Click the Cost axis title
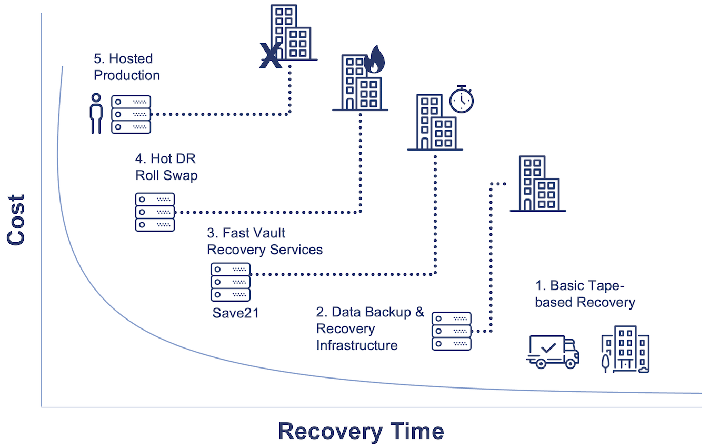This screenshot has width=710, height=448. (x=16, y=220)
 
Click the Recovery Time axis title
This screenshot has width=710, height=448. (x=361, y=431)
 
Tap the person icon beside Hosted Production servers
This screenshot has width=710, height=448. (x=96, y=114)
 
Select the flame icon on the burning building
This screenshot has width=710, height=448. (x=374, y=59)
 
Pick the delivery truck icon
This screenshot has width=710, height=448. (x=553, y=352)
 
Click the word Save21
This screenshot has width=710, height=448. (x=236, y=313)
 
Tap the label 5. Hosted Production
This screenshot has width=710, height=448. (x=127, y=67)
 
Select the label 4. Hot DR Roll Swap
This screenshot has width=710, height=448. (x=166, y=167)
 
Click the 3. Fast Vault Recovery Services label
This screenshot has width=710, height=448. (x=265, y=241)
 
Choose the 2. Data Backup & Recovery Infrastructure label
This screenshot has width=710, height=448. (x=369, y=328)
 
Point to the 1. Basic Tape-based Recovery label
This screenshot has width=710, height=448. (x=585, y=294)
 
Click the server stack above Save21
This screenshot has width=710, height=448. (x=231, y=282)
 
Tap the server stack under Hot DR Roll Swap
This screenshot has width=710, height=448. (x=155, y=212)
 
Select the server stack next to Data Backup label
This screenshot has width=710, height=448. (x=452, y=331)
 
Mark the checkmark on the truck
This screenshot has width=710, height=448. (x=548, y=347)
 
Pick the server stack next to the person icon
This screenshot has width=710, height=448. (x=131, y=114)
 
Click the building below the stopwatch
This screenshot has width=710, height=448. (x=435, y=122)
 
